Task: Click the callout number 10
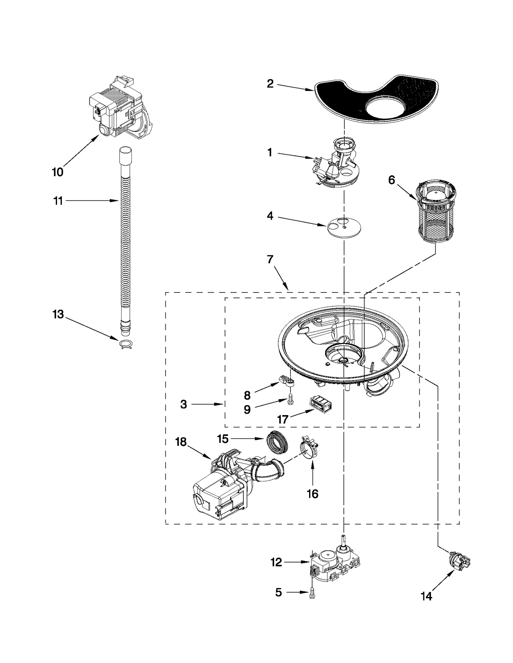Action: pyautogui.click(x=58, y=172)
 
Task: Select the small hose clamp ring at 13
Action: pyautogui.click(x=125, y=344)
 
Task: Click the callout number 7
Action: pyautogui.click(x=270, y=259)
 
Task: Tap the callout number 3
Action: pyautogui.click(x=183, y=405)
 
